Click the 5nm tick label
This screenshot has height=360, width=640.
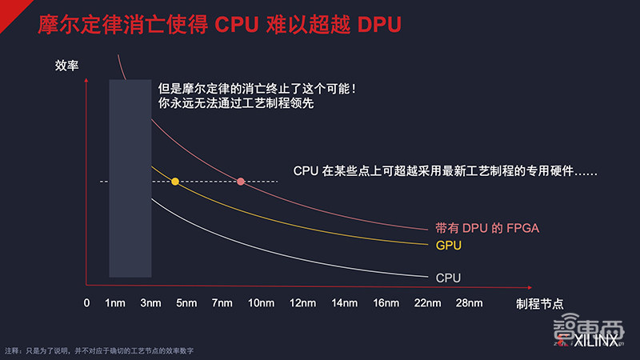coord(186,303)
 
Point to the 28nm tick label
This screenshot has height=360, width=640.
coord(469,303)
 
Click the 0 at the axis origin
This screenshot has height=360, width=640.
coord(86,303)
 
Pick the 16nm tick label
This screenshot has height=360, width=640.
coord(386,303)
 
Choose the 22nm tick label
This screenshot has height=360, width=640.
coord(427,303)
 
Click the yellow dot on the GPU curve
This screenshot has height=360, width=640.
coord(175,182)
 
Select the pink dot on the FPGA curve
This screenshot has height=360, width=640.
coord(241,182)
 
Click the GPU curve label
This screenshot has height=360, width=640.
coord(449,245)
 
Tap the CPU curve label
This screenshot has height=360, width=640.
coord(449,278)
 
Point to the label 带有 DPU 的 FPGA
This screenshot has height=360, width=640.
coord(487,229)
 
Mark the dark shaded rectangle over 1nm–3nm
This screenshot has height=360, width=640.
coord(129,178)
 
